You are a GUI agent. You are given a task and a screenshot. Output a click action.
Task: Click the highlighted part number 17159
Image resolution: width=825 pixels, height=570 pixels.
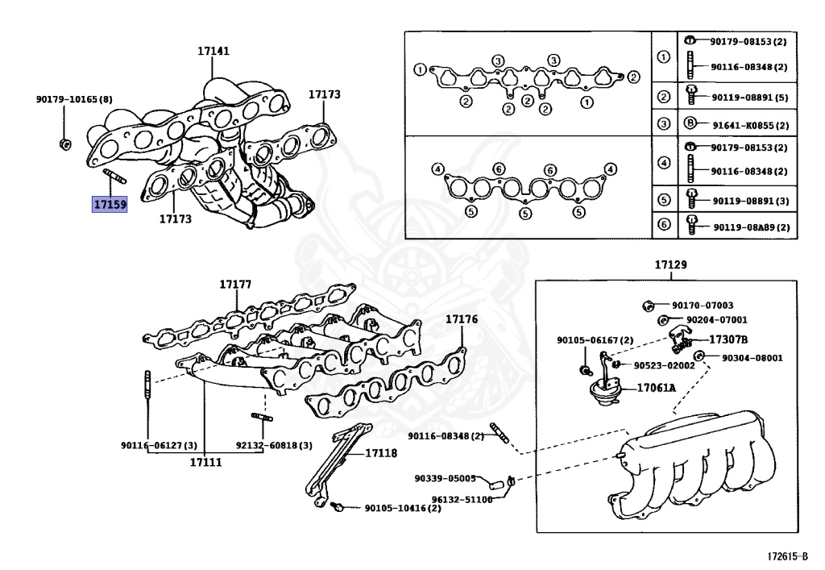click(x=109, y=205)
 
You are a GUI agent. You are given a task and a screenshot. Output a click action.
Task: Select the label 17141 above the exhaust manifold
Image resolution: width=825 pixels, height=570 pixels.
click(x=214, y=51)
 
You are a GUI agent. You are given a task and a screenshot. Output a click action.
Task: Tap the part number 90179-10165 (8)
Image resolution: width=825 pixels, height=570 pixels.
click(x=74, y=99)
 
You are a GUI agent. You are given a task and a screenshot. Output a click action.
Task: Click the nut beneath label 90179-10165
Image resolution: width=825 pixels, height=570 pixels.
click(x=64, y=144)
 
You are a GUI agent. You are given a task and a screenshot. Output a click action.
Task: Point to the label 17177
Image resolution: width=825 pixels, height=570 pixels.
click(x=235, y=285)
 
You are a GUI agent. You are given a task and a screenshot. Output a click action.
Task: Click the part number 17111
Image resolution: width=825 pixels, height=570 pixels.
click(x=205, y=462)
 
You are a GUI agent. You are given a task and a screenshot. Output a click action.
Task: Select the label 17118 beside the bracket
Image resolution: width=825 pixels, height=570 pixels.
click(x=381, y=453)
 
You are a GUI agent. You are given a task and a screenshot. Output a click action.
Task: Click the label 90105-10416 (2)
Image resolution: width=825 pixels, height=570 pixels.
click(x=402, y=508)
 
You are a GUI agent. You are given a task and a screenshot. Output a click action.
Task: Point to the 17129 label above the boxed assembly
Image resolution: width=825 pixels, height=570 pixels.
click(x=670, y=265)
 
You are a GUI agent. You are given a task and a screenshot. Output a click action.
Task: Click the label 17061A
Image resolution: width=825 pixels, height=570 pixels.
click(x=657, y=388)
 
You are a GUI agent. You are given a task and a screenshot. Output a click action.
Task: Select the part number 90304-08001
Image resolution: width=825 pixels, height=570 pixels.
click(x=752, y=357)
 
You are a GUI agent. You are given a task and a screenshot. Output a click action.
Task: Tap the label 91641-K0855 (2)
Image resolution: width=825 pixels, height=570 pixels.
click(x=748, y=124)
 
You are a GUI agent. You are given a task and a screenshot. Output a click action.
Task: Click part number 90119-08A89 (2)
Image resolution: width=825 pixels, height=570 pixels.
click(x=751, y=227)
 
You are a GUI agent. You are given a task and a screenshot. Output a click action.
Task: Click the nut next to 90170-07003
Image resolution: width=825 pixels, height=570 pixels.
click(x=649, y=306)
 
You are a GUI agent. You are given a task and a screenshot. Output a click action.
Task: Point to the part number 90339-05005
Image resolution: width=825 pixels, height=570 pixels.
click(x=446, y=477)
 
